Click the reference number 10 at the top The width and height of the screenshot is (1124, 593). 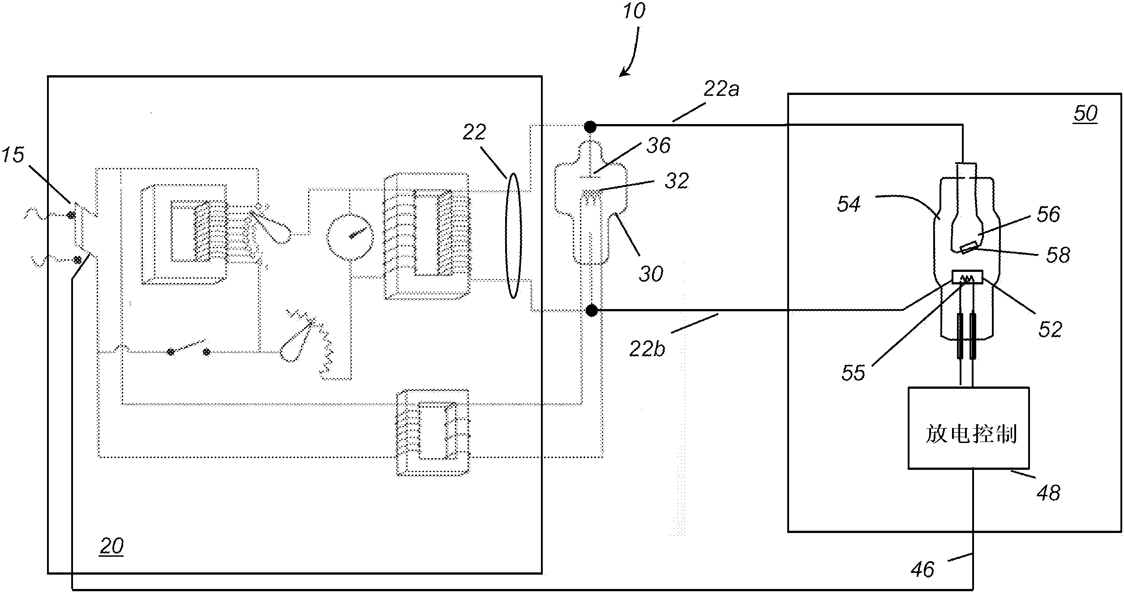(634, 11)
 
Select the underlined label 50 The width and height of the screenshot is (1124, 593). (1085, 114)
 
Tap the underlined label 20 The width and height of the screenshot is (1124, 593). (112, 546)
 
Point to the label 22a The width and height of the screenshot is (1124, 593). (721, 89)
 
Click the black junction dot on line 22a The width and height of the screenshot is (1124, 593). (591, 127)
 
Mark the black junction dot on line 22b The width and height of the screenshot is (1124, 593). (592, 310)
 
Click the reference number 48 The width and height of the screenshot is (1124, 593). (1048, 493)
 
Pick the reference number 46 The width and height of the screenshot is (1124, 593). (922, 569)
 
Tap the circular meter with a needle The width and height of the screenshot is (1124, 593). (350, 237)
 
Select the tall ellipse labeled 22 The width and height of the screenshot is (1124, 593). (513, 236)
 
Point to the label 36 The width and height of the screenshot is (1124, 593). (658, 146)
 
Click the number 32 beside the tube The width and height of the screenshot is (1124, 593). (676, 181)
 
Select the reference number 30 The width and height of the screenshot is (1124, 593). (651, 274)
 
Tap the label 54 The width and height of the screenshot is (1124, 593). (849, 204)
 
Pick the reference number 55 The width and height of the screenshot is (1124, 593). (853, 373)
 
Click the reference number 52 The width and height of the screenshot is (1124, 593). (1050, 330)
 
